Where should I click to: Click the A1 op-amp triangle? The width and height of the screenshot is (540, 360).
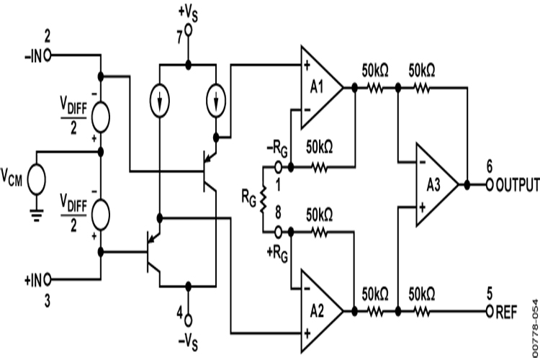320,86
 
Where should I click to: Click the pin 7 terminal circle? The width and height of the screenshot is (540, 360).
188,31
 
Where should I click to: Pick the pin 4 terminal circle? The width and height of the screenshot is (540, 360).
188,318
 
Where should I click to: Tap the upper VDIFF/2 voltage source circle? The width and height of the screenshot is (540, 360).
101,114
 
